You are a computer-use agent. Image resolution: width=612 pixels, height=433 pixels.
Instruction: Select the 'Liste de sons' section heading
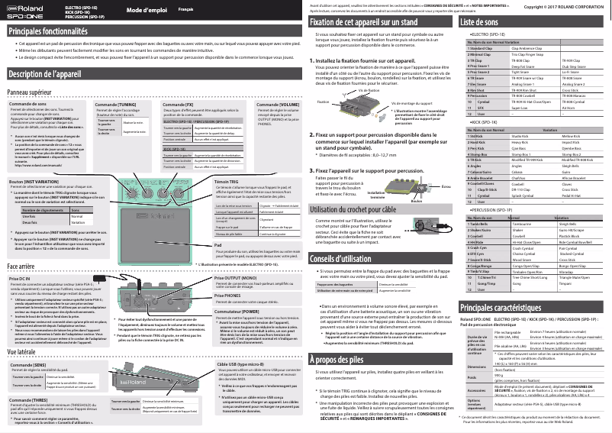click(x=483, y=24)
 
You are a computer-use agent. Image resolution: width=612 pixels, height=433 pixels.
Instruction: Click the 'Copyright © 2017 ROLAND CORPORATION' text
click(x=559, y=7)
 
